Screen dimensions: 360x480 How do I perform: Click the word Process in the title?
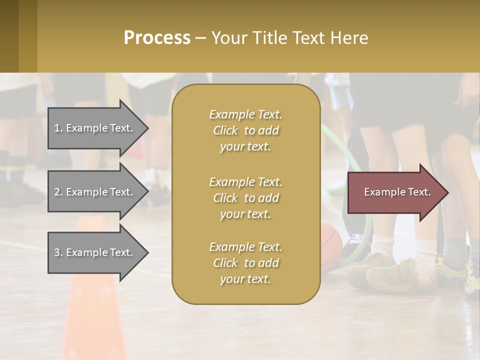(157, 37)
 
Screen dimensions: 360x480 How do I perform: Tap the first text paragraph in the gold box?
(245, 130)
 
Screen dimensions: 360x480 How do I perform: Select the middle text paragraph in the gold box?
(245, 197)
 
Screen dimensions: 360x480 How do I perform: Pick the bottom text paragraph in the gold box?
(245, 263)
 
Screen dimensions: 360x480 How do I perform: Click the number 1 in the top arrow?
(56, 128)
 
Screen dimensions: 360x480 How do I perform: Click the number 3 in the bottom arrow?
(57, 252)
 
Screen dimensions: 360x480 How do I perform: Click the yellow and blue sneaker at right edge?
(470, 277)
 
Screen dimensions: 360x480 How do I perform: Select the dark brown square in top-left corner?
(9, 36)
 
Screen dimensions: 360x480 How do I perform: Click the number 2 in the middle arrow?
(57, 192)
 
